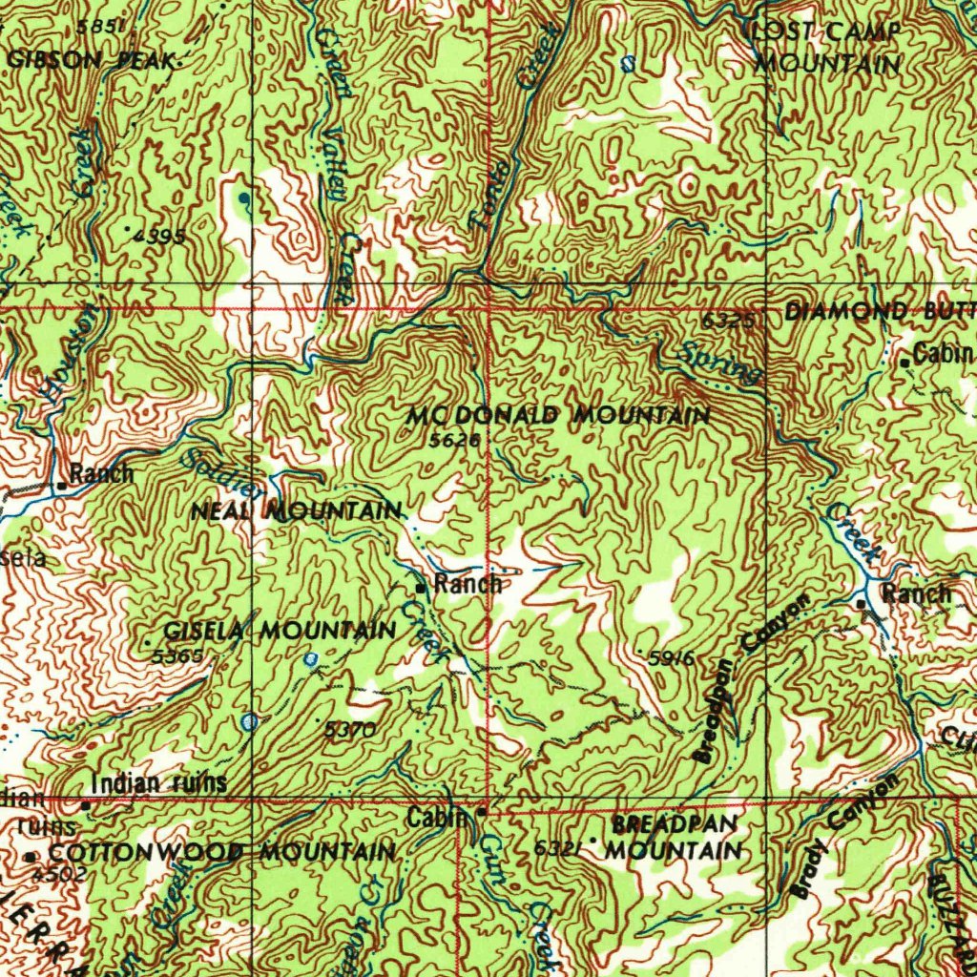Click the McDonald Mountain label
(x=558, y=416)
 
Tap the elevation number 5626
(x=448, y=440)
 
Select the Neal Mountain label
(x=296, y=511)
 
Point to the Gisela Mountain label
(x=280, y=631)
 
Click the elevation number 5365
(x=177, y=656)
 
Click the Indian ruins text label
(x=159, y=783)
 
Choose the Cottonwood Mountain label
(x=221, y=851)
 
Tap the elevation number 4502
(x=59, y=873)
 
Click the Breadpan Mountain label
(x=676, y=836)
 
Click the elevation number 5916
(x=670, y=658)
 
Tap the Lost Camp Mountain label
(x=827, y=49)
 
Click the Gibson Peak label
(x=91, y=60)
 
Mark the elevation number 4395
(x=159, y=236)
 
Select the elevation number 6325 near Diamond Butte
(x=731, y=322)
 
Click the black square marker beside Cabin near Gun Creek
(x=482, y=812)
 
